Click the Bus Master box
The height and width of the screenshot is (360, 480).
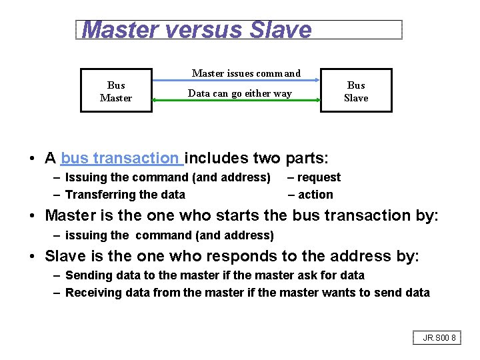point(116,91)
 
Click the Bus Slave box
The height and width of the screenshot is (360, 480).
point(356,91)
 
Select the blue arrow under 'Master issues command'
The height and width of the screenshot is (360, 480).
point(237,80)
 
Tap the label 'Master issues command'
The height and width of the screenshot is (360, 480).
point(246,73)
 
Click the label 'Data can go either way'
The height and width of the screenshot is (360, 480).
point(239,93)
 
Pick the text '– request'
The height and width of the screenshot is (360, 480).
point(314,177)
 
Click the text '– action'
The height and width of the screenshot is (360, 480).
point(311,195)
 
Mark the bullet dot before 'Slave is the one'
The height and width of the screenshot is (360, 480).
point(32,257)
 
